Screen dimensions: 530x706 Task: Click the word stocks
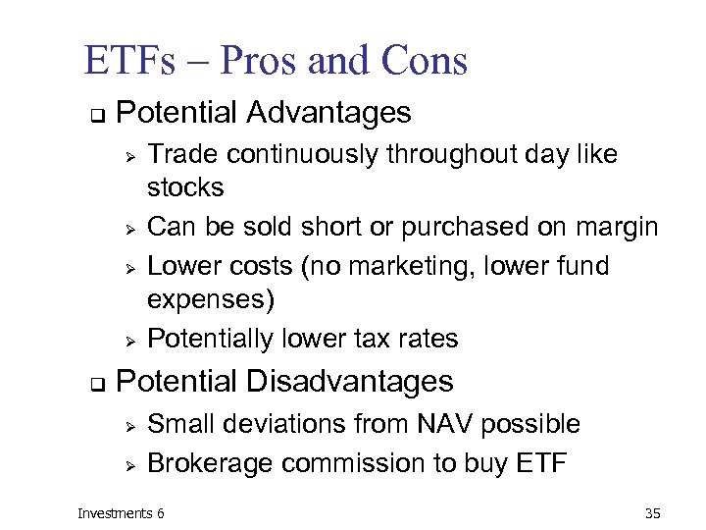pos(185,188)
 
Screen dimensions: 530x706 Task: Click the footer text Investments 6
pos(122,512)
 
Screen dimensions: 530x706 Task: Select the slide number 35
pos(654,512)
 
